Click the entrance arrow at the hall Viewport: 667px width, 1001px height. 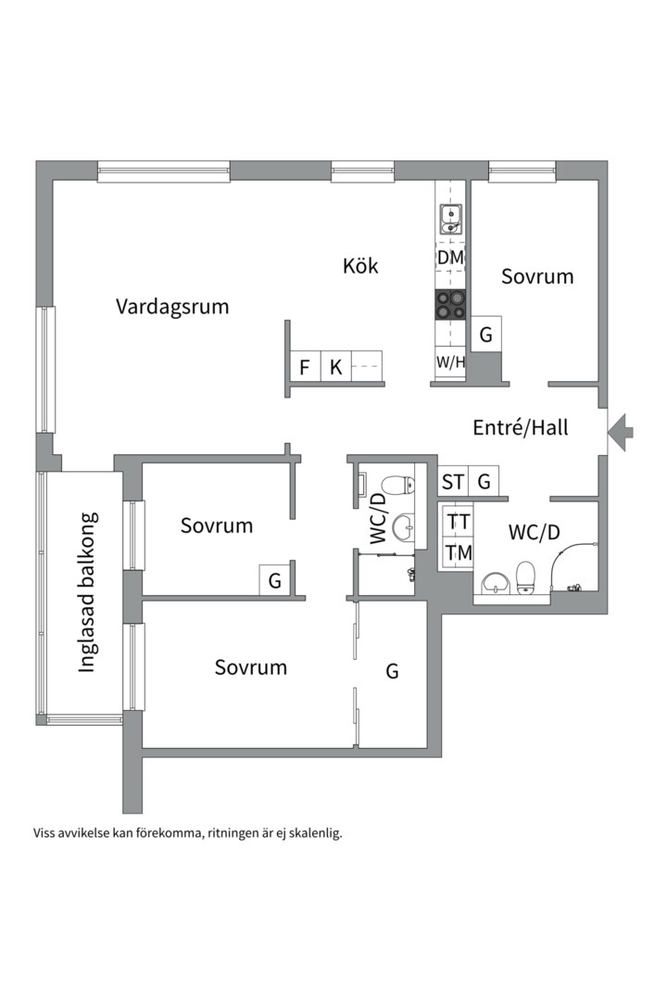(620, 432)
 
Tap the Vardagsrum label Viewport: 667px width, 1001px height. (172, 307)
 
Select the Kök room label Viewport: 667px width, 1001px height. (360, 266)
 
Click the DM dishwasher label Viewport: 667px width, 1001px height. (450, 258)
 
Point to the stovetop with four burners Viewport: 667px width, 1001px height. (450, 305)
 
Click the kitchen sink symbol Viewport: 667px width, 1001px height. (450, 220)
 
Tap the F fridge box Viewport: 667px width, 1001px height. (305, 367)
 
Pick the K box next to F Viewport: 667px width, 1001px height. (335, 367)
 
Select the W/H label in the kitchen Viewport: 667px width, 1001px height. (450, 362)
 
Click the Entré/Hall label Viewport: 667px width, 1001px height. (521, 427)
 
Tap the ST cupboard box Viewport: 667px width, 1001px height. (453, 481)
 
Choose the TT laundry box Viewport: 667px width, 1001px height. (459, 522)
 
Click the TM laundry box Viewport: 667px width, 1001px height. (459, 552)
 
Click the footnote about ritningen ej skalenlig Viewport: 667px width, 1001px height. (188, 833)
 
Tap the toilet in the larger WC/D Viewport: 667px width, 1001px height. (524, 577)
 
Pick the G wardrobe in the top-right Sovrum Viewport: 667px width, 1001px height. (486, 334)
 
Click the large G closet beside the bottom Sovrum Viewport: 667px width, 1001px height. (392, 672)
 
